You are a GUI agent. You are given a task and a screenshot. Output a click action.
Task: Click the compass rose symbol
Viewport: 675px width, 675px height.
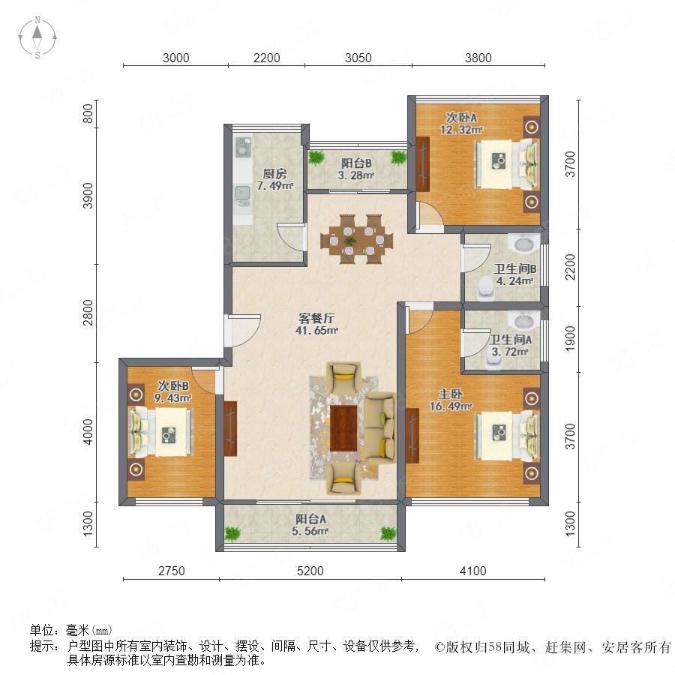37,37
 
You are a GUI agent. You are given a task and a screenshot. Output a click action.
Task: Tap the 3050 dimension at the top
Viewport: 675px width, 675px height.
358,58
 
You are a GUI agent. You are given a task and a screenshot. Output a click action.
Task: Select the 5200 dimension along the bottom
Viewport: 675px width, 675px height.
310,571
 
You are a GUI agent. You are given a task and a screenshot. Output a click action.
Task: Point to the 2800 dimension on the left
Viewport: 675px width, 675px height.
88,313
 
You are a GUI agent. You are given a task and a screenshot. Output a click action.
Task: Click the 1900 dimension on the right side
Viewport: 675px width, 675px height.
570,338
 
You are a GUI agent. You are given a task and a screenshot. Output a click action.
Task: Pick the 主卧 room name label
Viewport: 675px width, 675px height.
450,394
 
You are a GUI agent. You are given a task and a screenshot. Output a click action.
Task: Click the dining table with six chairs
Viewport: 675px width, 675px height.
357,239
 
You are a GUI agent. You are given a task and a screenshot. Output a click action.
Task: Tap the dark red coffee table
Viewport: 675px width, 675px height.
344,428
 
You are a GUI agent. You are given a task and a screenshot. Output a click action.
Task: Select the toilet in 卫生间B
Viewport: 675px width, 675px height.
486,288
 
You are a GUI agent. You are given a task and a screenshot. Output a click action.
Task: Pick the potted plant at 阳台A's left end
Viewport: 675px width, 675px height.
232,533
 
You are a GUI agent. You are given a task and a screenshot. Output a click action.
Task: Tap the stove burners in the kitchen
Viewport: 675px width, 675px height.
243,146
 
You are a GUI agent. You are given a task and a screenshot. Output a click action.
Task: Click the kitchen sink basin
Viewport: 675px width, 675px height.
243,194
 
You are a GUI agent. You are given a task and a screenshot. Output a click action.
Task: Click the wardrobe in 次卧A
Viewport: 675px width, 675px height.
423,164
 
